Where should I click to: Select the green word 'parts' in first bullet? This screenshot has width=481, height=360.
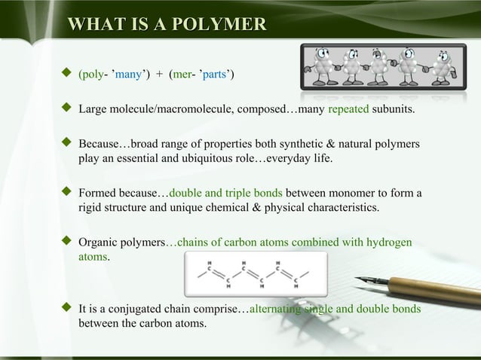(216, 75)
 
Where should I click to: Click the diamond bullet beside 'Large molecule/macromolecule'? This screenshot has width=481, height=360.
(66, 111)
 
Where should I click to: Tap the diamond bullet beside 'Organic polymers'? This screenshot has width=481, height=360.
(66, 243)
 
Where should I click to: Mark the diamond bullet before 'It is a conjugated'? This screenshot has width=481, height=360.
(66, 308)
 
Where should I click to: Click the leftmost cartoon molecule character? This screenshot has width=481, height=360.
(318, 67)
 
